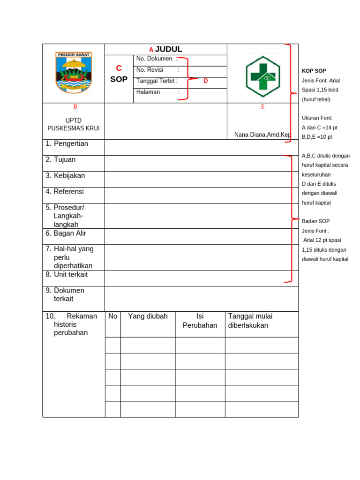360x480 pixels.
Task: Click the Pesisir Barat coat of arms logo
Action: click(x=74, y=73)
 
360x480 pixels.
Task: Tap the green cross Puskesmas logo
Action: click(x=262, y=76)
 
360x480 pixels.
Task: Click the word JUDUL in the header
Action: click(x=169, y=49)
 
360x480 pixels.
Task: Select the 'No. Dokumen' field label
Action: click(x=154, y=59)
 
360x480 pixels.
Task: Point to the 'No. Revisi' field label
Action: click(x=150, y=70)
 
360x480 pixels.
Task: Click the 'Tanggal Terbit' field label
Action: click(x=157, y=81)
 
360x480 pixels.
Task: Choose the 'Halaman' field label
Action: click(x=148, y=92)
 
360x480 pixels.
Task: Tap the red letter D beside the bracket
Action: click(x=205, y=81)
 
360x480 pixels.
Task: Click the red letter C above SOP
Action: click(x=119, y=68)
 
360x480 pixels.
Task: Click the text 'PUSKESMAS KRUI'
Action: click(x=74, y=128)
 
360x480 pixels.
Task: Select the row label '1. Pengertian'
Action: click(x=67, y=144)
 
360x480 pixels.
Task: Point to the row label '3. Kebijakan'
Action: click(x=65, y=176)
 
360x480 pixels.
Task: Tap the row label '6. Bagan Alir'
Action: click(x=66, y=233)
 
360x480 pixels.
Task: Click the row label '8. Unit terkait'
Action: click(x=67, y=275)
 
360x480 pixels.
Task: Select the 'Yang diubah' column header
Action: click(x=148, y=316)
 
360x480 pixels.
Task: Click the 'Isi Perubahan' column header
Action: click(x=200, y=321)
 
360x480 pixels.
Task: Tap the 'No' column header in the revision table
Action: click(x=113, y=316)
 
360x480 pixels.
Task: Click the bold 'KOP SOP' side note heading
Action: click(x=314, y=71)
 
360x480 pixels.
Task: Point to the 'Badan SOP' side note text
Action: click(x=316, y=221)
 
